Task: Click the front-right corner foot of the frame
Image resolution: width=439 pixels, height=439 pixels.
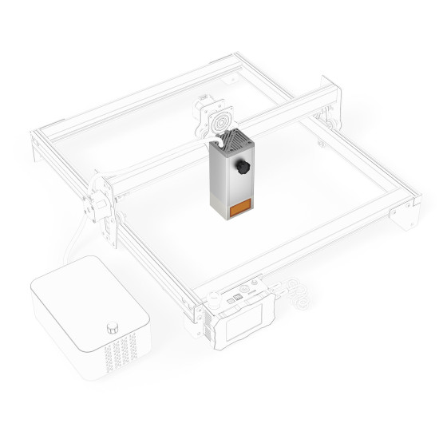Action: [x=408, y=213]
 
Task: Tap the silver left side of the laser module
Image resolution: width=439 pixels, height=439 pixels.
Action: [x=216, y=180]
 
